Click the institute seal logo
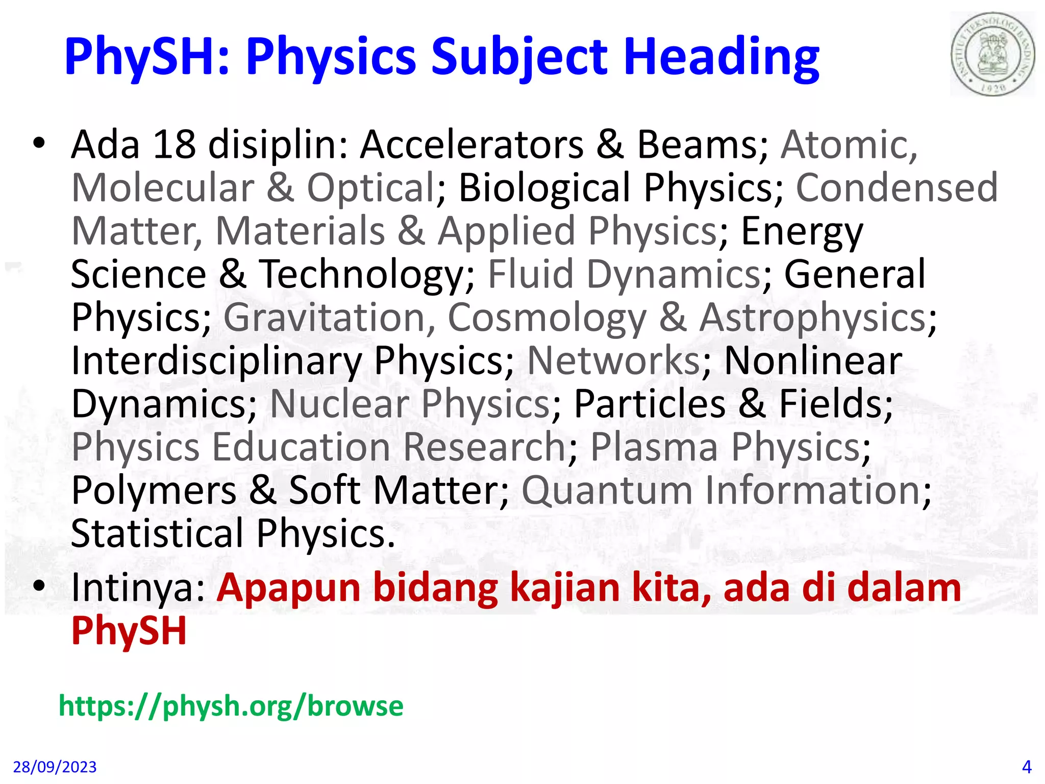click(x=992, y=54)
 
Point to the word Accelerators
click(x=472, y=144)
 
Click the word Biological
click(x=544, y=187)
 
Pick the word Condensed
click(x=897, y=187)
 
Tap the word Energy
click(x=802, y=231)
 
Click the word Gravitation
click(x=329, y=317)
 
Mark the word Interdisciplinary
click(x=216, y=361)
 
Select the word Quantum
click(x=607, y=491)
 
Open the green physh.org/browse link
click(x=231, y=706)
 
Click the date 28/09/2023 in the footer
click(x=55, y=767)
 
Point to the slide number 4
click(x=1027, y=767)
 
